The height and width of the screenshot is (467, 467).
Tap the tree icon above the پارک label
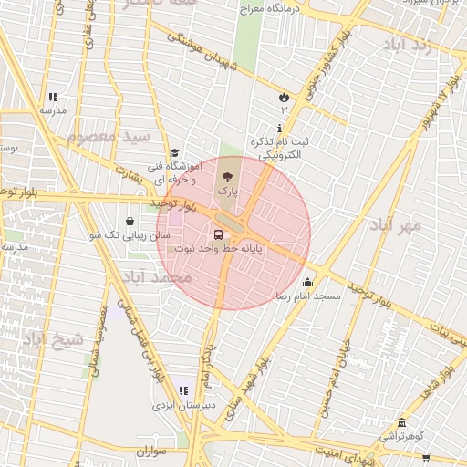(226, 177)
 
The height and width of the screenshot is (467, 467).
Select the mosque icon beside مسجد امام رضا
(307, 282)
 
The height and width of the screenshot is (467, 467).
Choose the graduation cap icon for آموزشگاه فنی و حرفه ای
(174, 153)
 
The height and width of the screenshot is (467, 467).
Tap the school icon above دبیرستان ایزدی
(183, 391)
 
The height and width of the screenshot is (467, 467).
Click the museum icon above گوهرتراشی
(402, 422)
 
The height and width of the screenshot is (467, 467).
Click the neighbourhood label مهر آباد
(396, 224)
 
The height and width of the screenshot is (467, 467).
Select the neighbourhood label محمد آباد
(157, 276)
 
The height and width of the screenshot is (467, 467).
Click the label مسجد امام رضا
(308, 297)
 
